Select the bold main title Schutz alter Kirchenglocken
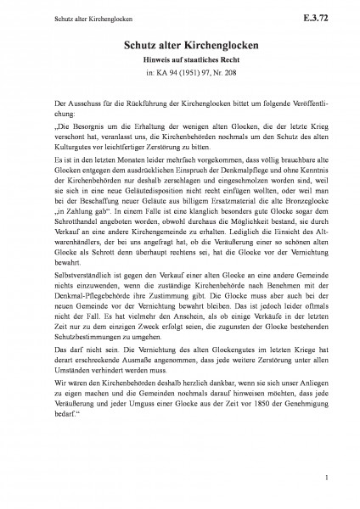coord(179,49)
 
